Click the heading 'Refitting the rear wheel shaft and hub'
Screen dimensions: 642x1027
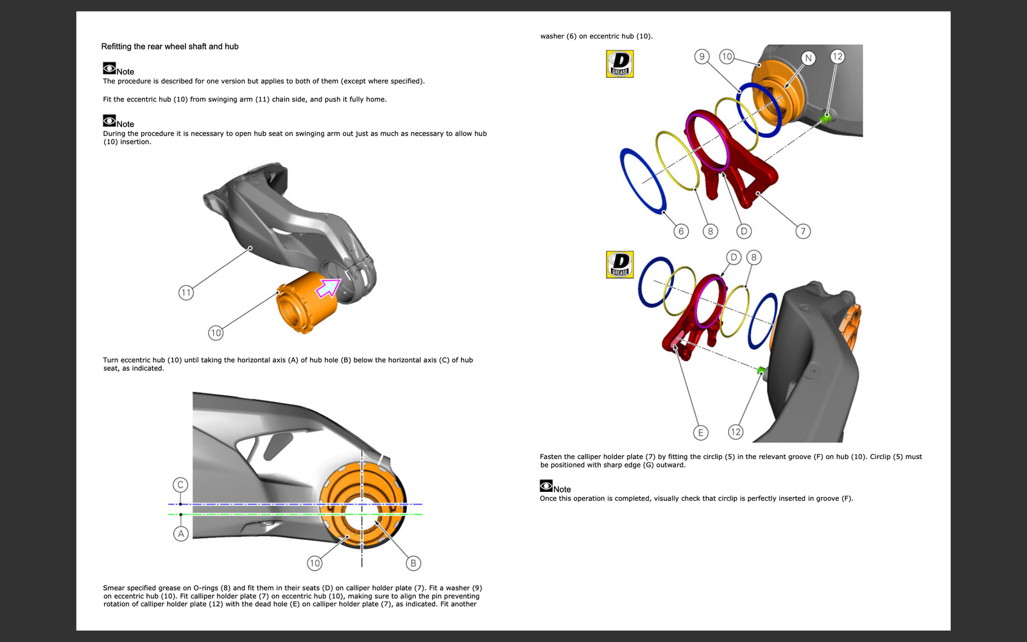tap(169, 46)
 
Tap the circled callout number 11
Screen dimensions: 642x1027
tap(186, 293)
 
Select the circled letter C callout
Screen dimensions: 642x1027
tap(180, 485)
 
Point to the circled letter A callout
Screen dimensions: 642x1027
tap(181, 534)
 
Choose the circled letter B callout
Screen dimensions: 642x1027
tap(413, 563)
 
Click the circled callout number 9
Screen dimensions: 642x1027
tap(702, 56)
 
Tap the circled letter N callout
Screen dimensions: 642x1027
tap(808, 58)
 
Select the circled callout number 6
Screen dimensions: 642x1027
tap(681, 231)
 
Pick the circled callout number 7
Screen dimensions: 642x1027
tap(803, 231)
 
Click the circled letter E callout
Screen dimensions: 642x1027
tap(700, 433)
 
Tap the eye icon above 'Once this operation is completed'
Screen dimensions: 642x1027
tap(546, 486)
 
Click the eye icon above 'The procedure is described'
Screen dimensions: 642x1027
tap(109, 68)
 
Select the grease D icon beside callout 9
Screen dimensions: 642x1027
tap(619, 64)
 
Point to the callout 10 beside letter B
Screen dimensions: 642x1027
tap(314, 563)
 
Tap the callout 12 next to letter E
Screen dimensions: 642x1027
tap(736, 432)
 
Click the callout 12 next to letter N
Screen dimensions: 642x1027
tap(837, 56)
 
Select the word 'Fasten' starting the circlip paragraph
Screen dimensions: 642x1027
tap(551, 457)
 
